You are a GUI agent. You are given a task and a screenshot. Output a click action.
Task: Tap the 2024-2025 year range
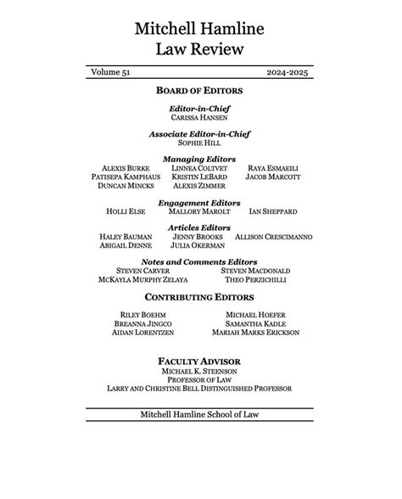pyautogui.click(x=287, y=75)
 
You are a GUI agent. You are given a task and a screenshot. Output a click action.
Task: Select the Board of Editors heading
pyautogui.click(x=200, y=90)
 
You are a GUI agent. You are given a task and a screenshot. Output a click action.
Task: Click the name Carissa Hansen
pyautogui.click(x=200, y=118)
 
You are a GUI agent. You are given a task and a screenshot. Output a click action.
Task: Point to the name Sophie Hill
pyautogui.click(x=200, y=143)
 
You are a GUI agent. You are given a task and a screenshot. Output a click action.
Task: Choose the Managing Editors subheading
pyautogui.click(x=200, y=159)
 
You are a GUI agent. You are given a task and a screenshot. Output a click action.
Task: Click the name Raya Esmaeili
pyautogui.click(x=273, y=168)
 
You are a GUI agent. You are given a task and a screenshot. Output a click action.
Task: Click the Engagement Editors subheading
pyautogui.click(x=200, y=202)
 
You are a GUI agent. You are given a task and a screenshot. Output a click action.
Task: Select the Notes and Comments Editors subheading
pyautogui.click(x=200, y=261)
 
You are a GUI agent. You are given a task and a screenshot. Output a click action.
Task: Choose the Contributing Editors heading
pyautogui.click(x=200, y=298)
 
